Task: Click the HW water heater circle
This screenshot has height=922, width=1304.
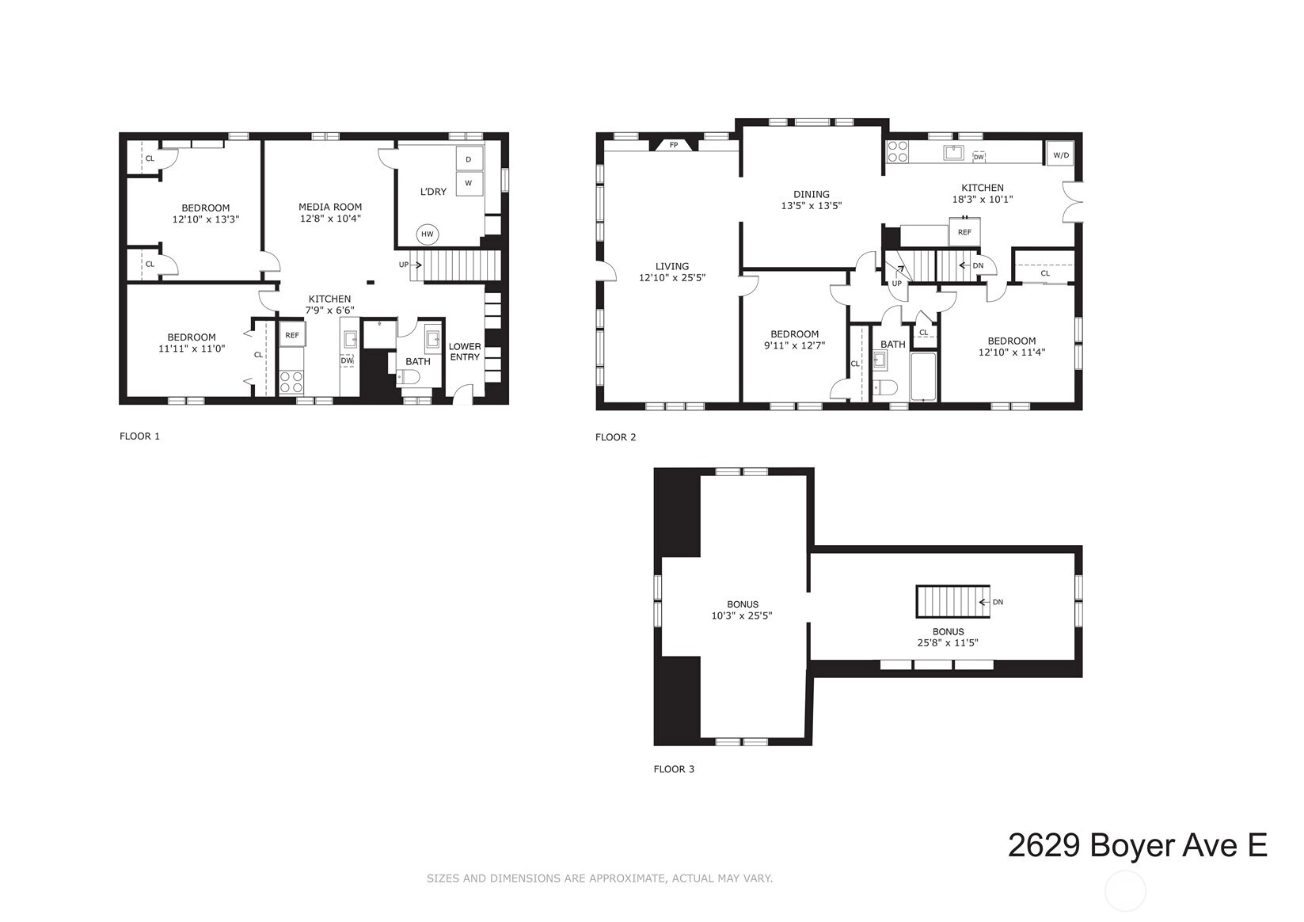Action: click(x=428, y=234)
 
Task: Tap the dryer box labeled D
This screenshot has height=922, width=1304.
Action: click(x=469, y=158)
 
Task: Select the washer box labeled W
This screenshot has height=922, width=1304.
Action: click(x=469, y=184)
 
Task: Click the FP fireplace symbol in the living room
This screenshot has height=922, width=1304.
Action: click(x=674, y=144)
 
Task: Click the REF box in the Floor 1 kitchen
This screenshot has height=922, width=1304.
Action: click(x=292, y=334)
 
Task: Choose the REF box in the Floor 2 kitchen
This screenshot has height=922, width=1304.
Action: click(x=964, y=231)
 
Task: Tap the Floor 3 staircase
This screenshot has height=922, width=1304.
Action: click(x=953, y=602)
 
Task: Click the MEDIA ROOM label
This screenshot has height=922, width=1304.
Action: click(x=330, y=207)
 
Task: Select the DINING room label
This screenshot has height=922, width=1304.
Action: click(x=812, y=194)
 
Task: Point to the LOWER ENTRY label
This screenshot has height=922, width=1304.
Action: click(x=465, y=352)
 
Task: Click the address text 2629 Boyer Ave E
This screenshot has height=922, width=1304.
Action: click(x=1138, y=845)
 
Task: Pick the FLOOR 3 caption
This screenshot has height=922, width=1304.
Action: click(x=674, y=769)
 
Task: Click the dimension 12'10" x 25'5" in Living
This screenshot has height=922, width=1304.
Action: click(x=671, y=278)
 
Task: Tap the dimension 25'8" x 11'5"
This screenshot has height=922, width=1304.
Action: click(x=948, y=643)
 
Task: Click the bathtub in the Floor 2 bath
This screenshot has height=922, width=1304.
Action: click(x=924, y=377)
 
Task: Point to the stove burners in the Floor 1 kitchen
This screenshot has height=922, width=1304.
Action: click(x=291, y=382)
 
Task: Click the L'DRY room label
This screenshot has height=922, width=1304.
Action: click(x=433, y=192)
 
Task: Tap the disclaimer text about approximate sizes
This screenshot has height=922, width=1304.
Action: click(x=599, y=878)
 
